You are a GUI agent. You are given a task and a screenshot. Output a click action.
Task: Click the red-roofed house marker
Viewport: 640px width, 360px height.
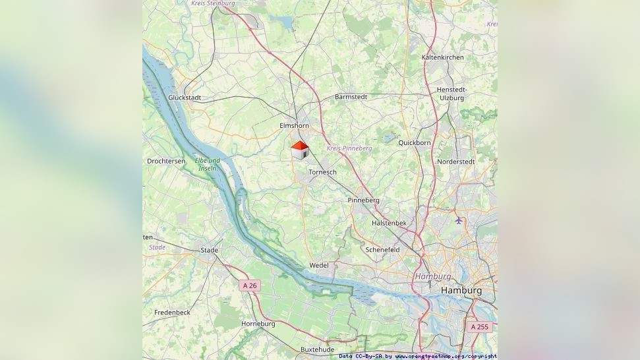click(x=300, y=150)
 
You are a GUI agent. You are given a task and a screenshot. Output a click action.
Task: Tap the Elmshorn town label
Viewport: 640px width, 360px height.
click(x=294, y=125)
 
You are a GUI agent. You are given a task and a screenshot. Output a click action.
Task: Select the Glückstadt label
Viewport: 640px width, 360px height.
click(x=185, y=98)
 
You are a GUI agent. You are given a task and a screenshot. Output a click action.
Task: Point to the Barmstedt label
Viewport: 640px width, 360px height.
click(x=351, y=97)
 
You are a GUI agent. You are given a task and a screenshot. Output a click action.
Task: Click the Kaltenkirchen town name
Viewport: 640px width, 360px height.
click(x=442, y=57)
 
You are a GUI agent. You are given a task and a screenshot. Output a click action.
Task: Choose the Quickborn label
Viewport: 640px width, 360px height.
click(x=415, y=142)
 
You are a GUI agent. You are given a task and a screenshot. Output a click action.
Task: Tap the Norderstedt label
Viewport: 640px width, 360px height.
click(x=455, y=162)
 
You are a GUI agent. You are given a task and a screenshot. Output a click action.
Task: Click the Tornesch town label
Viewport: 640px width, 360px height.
click(x=322, y=172)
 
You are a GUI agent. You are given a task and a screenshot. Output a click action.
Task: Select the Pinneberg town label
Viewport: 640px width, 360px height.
click(x=363, y=200)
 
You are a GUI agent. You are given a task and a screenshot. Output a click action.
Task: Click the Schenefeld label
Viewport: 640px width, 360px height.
click(x=382, y=250)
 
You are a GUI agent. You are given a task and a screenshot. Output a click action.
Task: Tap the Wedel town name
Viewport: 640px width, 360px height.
click(x=319, y=266)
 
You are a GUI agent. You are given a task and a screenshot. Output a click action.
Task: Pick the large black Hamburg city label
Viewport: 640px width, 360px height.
click(x=461, y=290)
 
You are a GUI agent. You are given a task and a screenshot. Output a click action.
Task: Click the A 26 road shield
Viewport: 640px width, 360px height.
click(x=250, y=285)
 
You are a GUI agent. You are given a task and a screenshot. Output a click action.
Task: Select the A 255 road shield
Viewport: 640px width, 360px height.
click(x=480, y=326)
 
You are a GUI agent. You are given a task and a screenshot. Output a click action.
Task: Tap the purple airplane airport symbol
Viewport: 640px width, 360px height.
click(x=459, y=220)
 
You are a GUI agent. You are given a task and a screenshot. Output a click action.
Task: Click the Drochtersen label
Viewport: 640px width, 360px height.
click(x=165, y=161)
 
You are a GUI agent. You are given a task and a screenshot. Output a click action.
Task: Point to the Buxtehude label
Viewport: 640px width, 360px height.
click(x=317, y=349)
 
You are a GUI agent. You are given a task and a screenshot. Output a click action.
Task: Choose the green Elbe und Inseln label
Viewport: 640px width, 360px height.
click(x=208, y=164)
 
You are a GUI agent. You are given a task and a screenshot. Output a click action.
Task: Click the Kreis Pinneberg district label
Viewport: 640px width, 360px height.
click(x=349, y=148)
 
